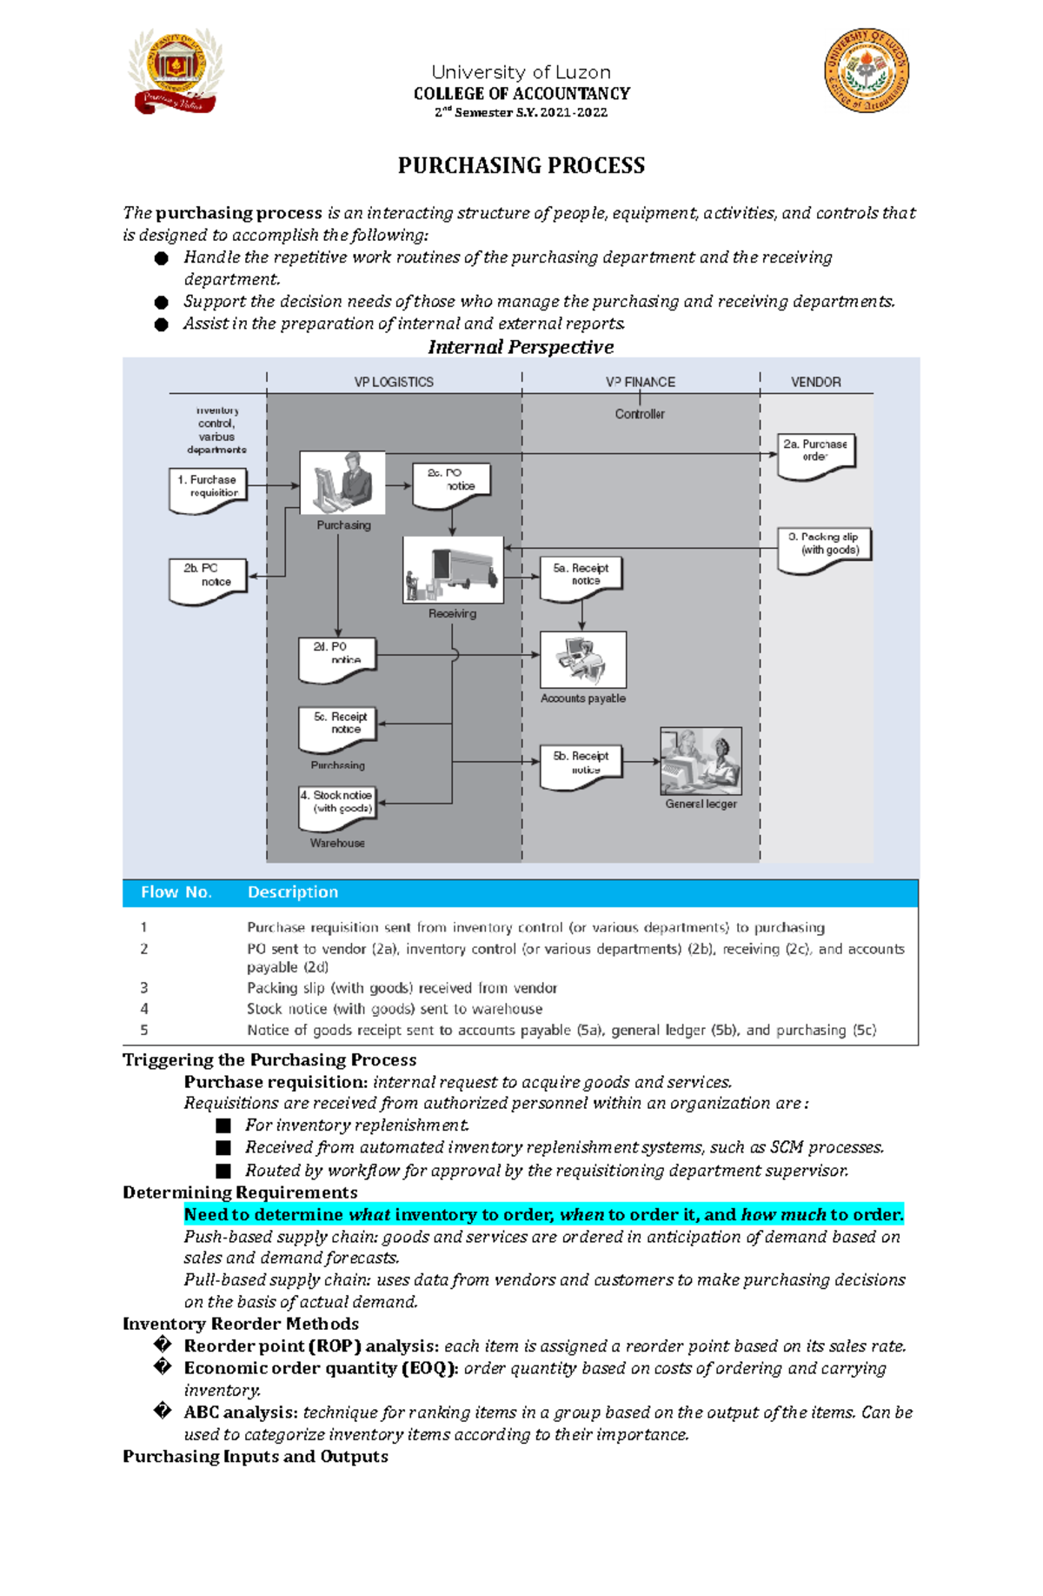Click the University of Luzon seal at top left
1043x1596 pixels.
[x=176, y=71]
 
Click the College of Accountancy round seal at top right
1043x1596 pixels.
[x=867, y=70]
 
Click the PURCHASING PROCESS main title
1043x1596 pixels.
[x=521, y=165]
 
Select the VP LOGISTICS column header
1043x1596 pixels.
[x=394, y=382]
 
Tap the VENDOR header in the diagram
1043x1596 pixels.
[x=815, y=382]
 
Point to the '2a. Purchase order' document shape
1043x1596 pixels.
[x=816, y=454]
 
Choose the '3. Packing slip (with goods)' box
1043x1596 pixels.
[x=824, y=547]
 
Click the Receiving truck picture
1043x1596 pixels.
[x=453, y=570]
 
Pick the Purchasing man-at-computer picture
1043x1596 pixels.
[x=342, y=483]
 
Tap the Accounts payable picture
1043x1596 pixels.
[x=583, y=660]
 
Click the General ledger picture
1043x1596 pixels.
[x=701, y=761]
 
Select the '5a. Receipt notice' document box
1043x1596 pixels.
[x=581, y=578]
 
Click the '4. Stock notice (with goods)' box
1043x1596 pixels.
[x=337, y=805]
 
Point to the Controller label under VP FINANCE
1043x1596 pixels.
[x=640, y=414]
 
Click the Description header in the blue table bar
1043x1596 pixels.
[x=293, y=892]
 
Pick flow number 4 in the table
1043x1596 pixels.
[x=144, y=1009]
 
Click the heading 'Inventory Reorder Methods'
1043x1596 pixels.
[x=241, y=1324]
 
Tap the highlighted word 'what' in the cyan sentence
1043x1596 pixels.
[x=369, y=1214]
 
